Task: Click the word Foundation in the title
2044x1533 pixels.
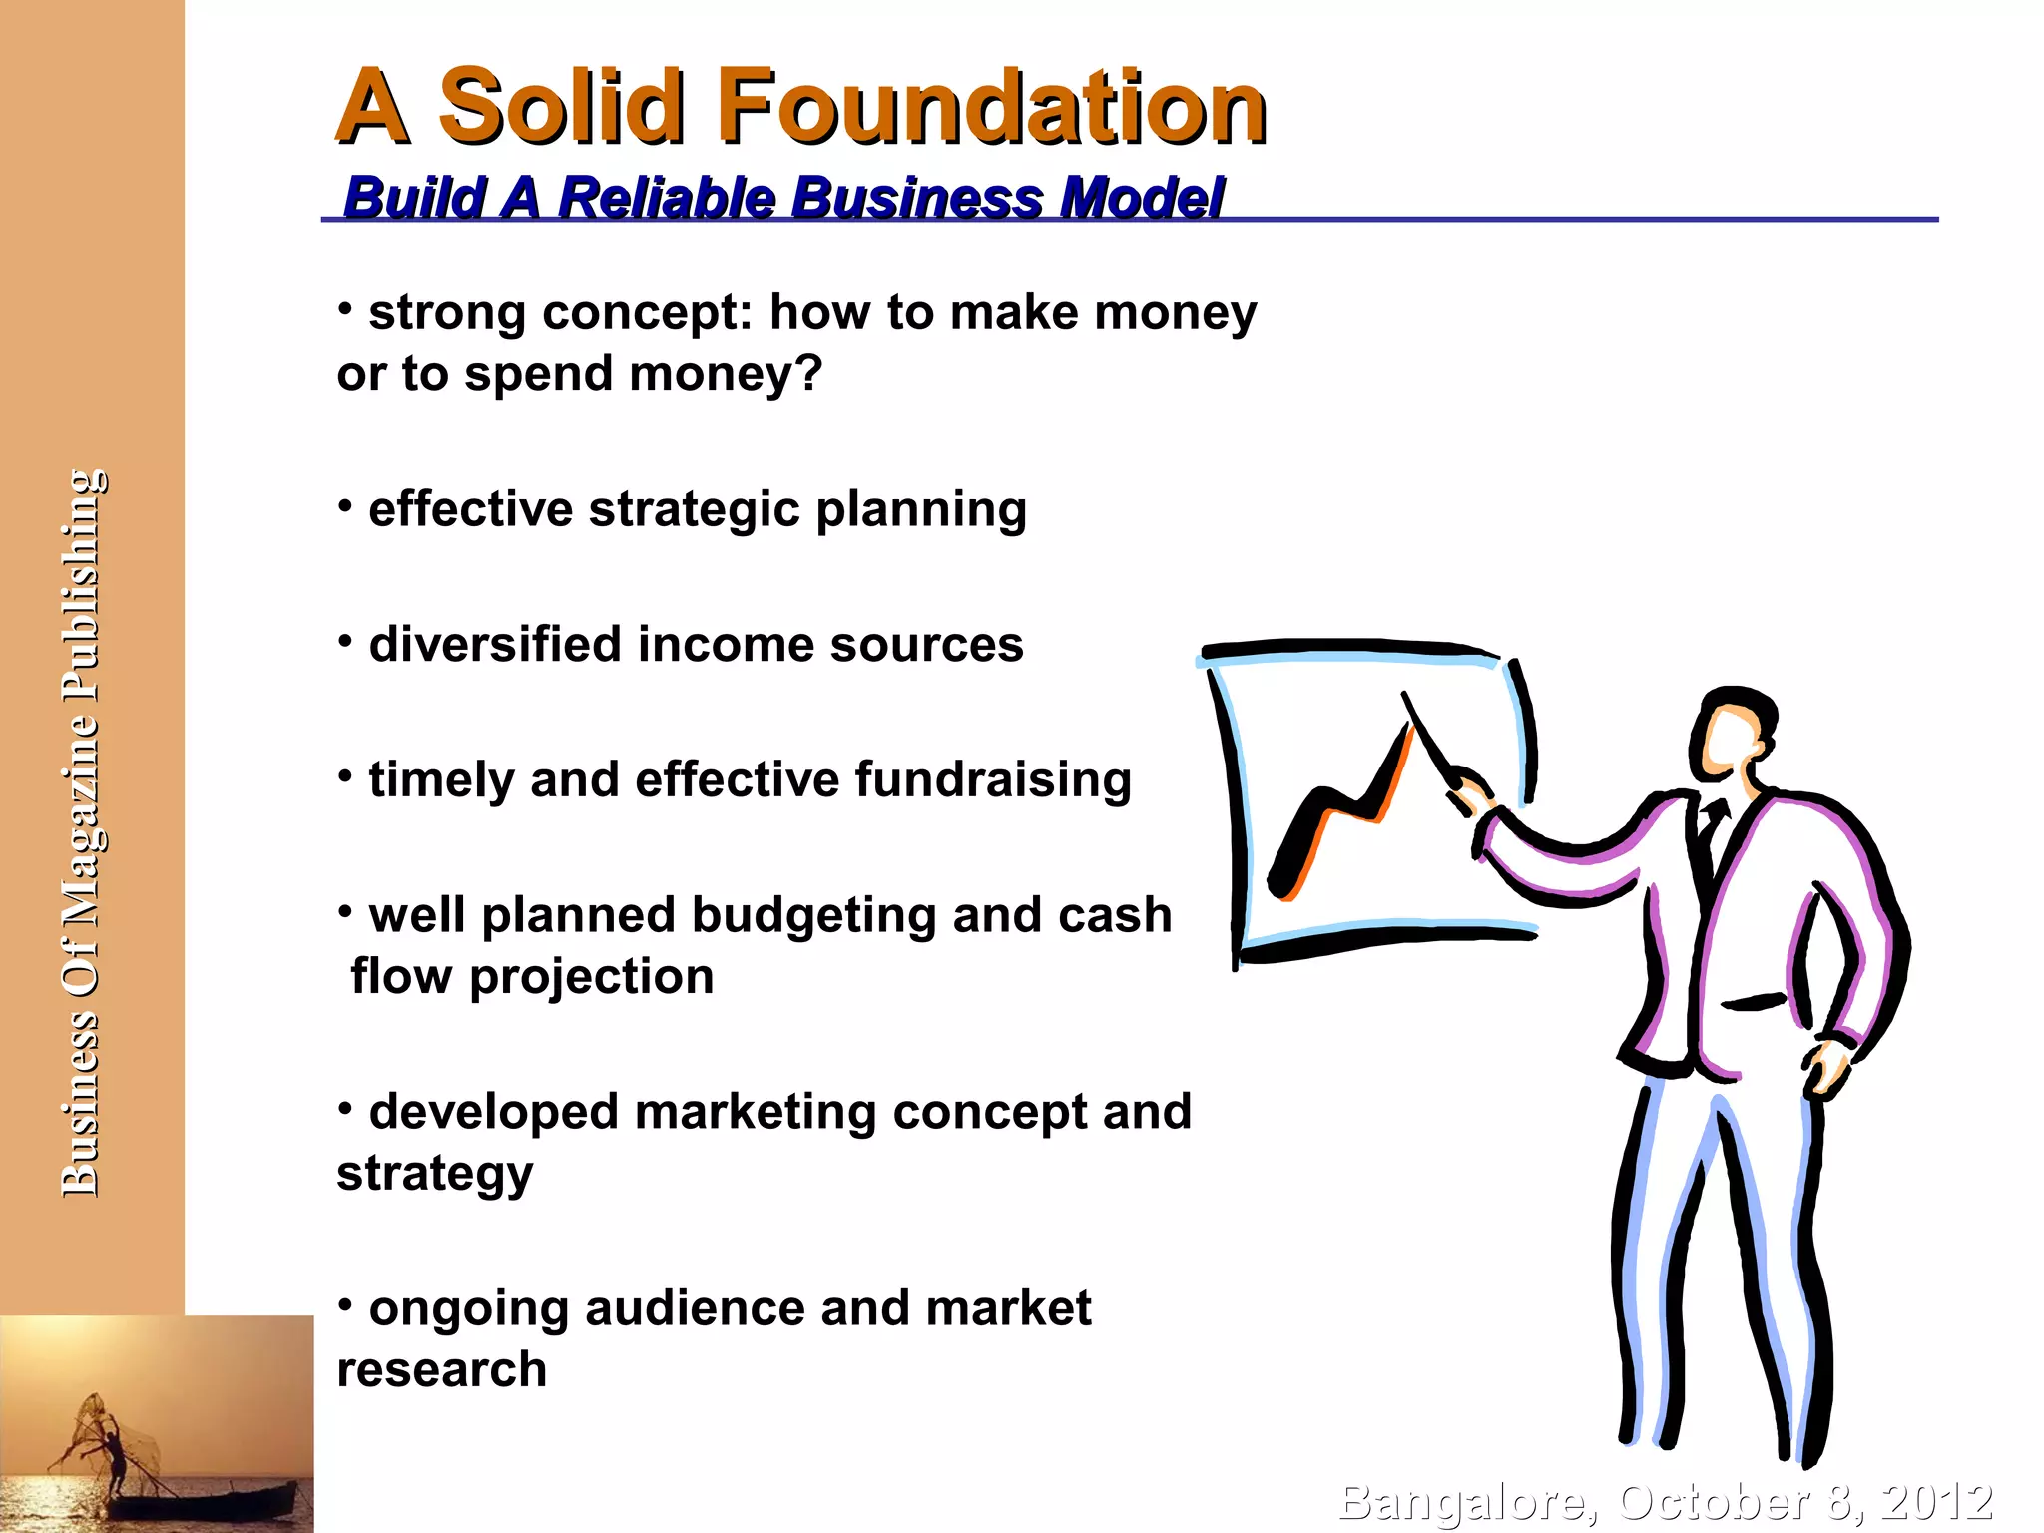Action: [992, 108]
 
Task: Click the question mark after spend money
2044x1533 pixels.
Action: [810, 373]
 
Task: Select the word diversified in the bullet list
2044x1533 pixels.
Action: [495, 644]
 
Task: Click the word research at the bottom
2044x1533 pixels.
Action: [442, 1369]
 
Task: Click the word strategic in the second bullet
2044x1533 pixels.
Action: [695, 509]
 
